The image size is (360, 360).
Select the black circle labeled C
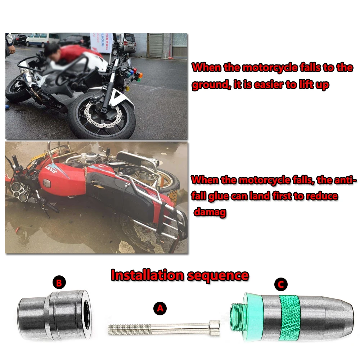click(281, 285)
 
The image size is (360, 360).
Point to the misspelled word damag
click(210, 212)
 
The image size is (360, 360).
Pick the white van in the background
click(42, 39)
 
